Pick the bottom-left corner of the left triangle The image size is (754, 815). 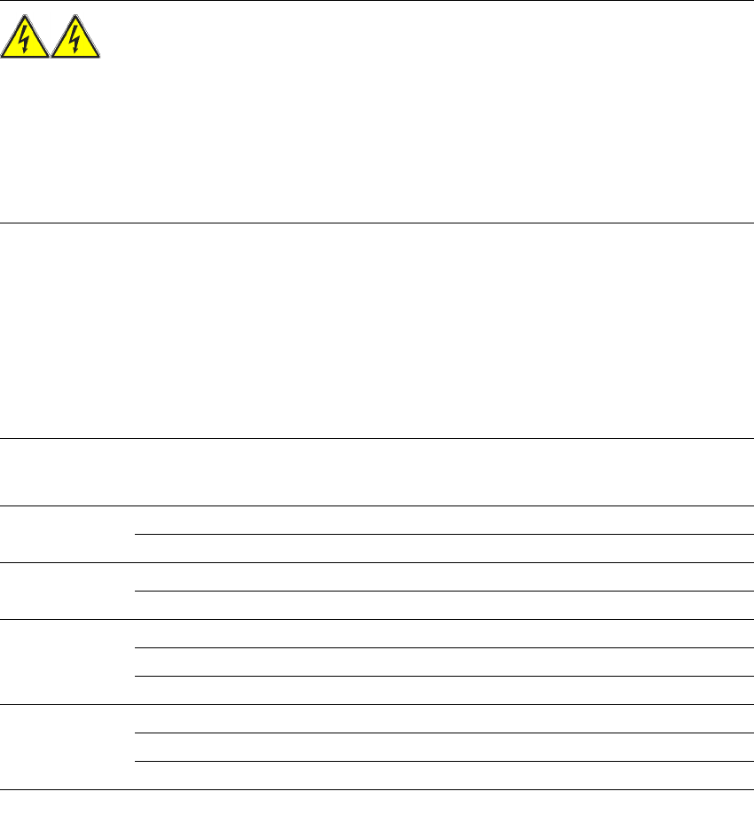3,58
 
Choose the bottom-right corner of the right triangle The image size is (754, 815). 99,58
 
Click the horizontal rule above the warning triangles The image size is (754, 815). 377,1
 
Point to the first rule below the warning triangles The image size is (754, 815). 377,223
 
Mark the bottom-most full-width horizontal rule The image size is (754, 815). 377,789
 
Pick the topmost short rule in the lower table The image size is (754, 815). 444,534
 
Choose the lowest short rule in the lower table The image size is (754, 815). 444,761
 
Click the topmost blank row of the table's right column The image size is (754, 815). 444,521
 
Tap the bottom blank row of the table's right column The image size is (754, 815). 444,775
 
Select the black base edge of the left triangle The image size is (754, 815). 25,59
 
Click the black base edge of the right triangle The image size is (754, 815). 76,59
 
